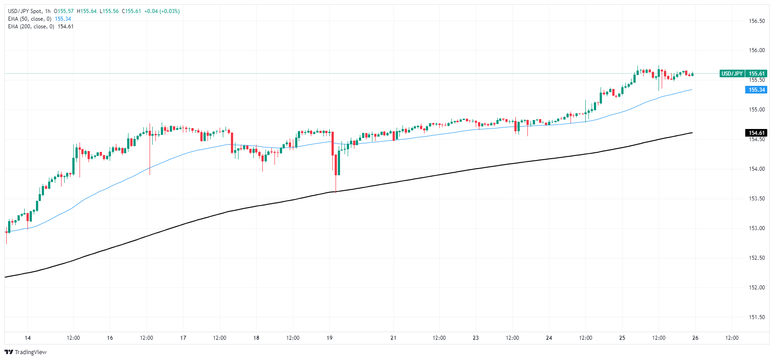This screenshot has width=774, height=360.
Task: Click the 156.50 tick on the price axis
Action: pos(756,21)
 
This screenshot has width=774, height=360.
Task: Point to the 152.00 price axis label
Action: pos(756,288)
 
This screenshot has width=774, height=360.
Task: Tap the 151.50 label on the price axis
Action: pos(756,317)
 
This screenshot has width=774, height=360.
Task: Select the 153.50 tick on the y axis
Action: pos(756,199)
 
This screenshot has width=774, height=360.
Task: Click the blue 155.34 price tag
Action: pos(756,90)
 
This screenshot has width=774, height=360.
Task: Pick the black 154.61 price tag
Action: pos(756,133)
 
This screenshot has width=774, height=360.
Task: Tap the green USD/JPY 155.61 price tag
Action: pos(743,73)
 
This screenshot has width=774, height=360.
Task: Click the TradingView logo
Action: pos(26,352)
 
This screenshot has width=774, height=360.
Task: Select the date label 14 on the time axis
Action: pos(28,338)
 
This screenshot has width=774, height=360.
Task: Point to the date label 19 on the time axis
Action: pos(330,338)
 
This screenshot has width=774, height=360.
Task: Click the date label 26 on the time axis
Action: pos(695,338)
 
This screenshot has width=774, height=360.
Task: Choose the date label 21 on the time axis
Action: pos(394,338)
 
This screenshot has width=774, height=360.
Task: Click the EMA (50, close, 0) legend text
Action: pos(30,19)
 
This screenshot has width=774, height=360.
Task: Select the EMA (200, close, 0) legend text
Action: pos(31,27)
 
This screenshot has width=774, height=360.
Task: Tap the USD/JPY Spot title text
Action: pos(25,11)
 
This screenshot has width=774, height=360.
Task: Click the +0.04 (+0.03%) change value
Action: pos(162,11)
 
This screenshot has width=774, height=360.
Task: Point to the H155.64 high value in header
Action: pos(87,11)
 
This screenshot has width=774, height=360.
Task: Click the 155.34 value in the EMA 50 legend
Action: pos(63,19)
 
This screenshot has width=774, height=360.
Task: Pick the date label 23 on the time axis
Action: pos(476,338)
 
